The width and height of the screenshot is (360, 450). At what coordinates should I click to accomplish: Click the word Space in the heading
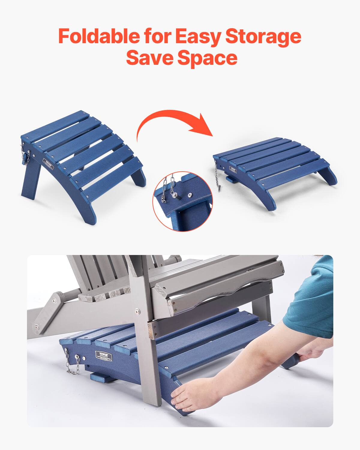(x=207, y=58)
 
